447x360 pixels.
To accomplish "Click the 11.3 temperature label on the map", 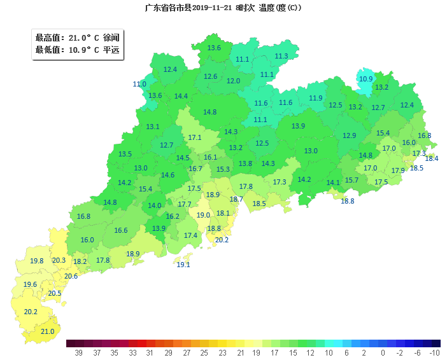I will pos(281,56).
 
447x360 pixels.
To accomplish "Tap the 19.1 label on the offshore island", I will pos(183,265).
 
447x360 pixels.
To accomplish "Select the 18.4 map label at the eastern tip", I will pos(432,158).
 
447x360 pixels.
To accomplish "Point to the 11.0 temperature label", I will pos(139,84).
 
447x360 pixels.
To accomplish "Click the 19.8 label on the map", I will pos(37,261).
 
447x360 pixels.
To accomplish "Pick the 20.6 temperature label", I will pos(71,276).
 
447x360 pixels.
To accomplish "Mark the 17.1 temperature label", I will pos(195,137).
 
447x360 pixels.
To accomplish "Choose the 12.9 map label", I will pos(350,135).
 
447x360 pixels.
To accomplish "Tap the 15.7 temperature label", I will pos(351,180).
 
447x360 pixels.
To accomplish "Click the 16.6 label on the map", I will pos(121,230).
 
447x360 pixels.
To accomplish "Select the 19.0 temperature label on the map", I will pos(203,215).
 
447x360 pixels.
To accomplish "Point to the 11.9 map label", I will pos(316,98).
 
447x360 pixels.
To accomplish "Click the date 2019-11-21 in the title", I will pos(213,8).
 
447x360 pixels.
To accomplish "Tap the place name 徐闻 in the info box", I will pos(111,38).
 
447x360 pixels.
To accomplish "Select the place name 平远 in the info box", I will pos(111,50).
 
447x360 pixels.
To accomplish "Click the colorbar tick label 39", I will pos(79,352).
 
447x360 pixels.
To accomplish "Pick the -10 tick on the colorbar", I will pos(435,352).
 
